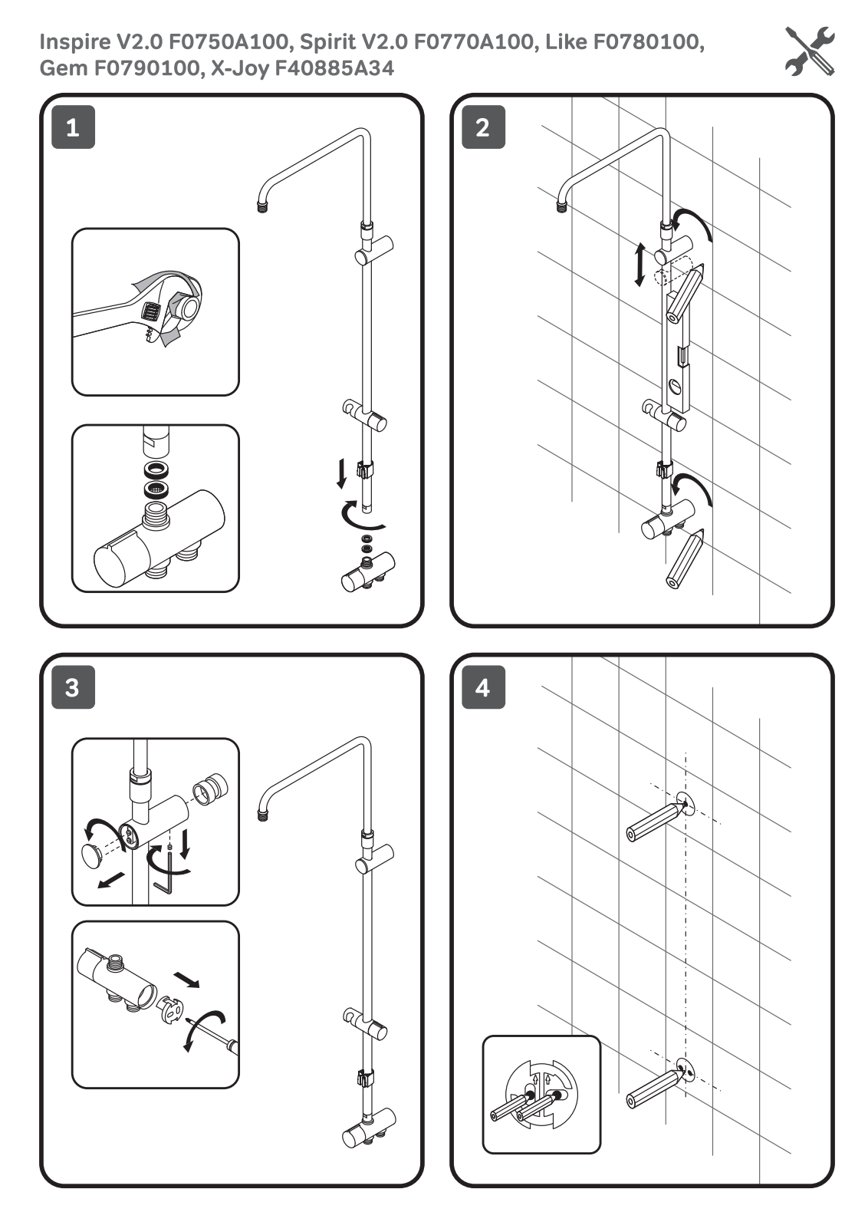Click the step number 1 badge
tap(73, 127)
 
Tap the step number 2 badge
tap(483, 127)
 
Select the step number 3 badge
tap(73, 687)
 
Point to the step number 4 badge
tap(483, 687)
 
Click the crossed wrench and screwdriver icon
tap(810, 51)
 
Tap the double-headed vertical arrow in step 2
tap(639, 265)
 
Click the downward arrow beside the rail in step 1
tap(342, 473)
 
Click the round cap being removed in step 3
tap(92, 853)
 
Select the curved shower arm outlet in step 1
tap(262, 206)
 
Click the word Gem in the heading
tap(64, 68)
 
